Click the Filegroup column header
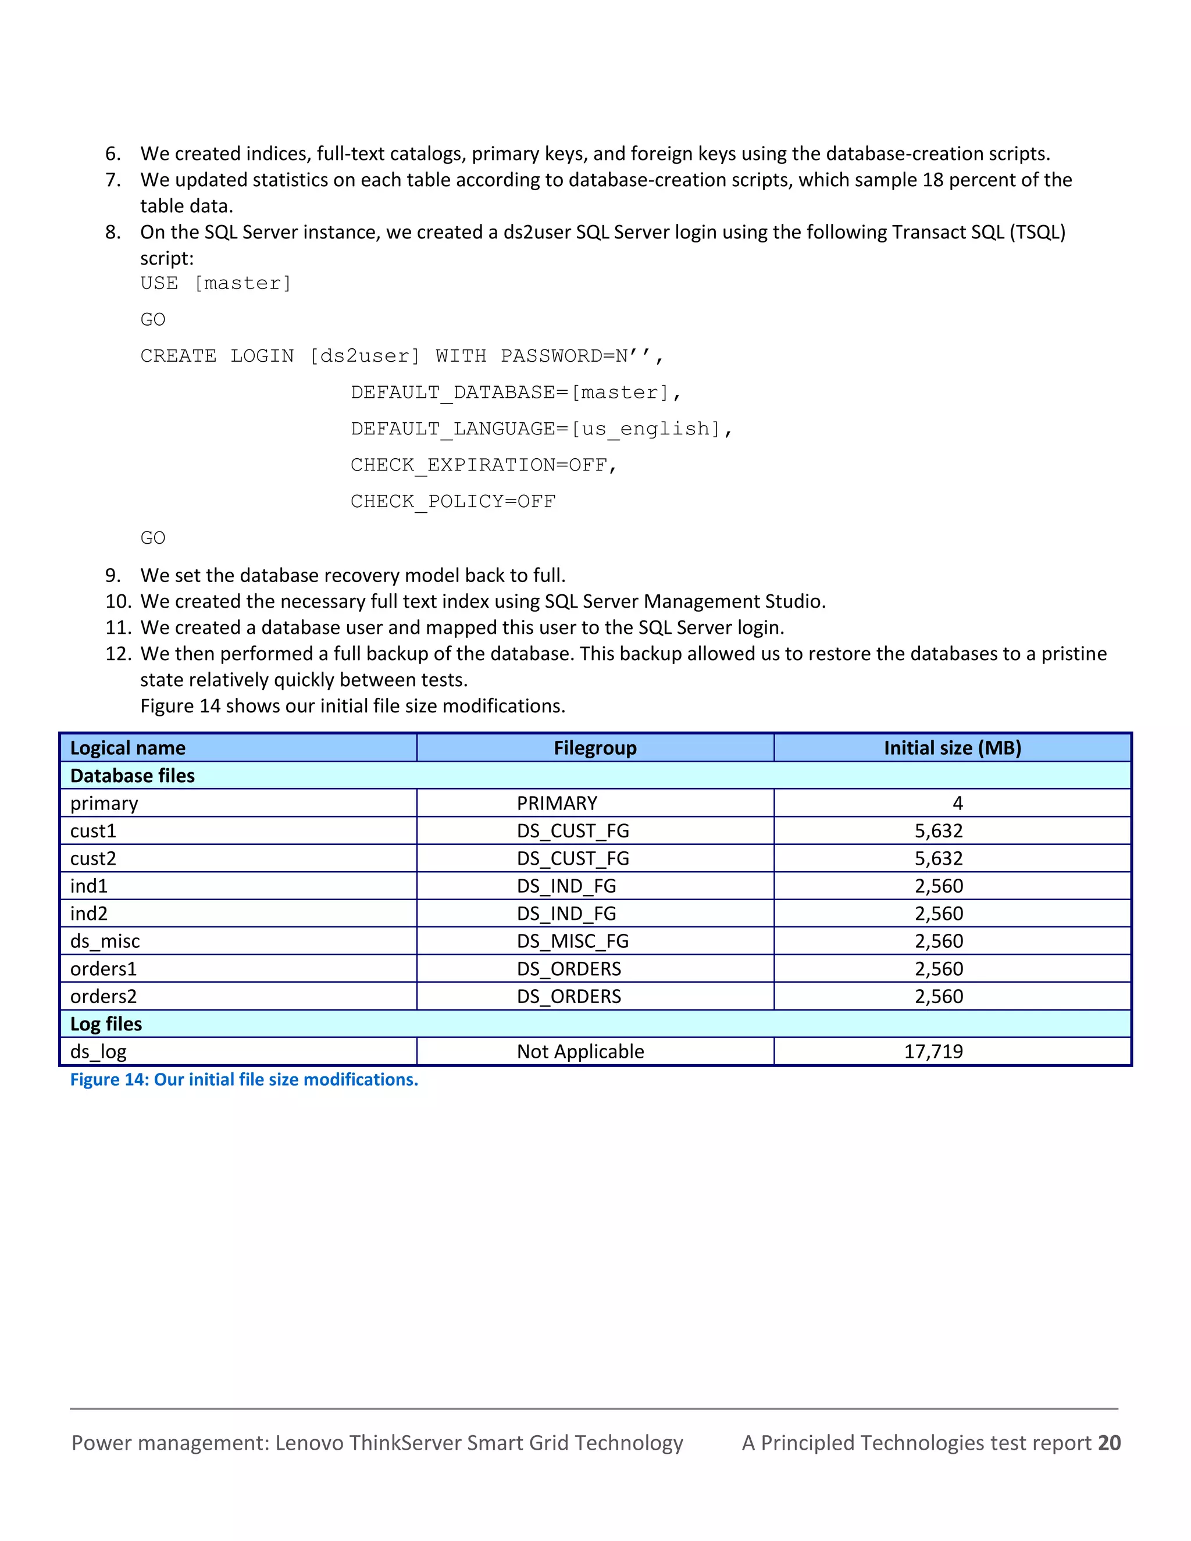[595, 748]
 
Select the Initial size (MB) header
[952, 748]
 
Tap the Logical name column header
[128, 748]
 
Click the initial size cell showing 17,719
[933, 1051]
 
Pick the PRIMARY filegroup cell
[557, 803]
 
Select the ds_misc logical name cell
[105, 941]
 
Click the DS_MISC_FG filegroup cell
[572, 941]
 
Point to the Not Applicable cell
[580, 1051]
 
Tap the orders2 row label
[104, 996]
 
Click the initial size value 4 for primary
[957, 803]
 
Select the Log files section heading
[106, 1024]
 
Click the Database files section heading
[132, 775]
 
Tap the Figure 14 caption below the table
[244, 1079]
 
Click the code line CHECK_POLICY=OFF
[453, 502]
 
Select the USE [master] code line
[216, 283]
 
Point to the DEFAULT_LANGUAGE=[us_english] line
[541, 429]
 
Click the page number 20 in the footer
[1109, 1443]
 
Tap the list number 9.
[113, 576]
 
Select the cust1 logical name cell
[93, 830]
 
